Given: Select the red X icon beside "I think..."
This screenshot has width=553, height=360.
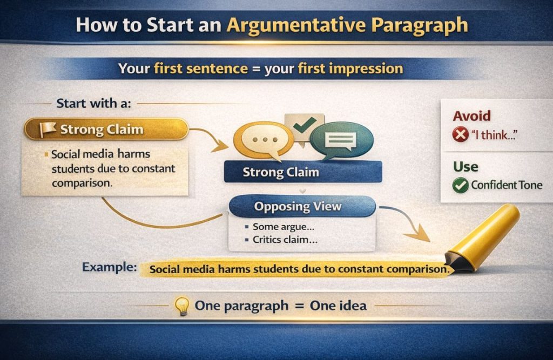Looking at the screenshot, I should pyautogui.click(x=460, y=135).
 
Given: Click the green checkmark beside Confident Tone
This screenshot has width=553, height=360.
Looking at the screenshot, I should pyautogui.click(x=460, y=186).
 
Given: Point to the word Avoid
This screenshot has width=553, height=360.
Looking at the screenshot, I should pyautogui.click(x=471, y=116).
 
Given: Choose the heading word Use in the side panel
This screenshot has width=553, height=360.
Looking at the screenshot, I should pyautogui.click(x=466, y=166).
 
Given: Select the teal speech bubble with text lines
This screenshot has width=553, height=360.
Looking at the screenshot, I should pyautogui.click(x=340, y=141).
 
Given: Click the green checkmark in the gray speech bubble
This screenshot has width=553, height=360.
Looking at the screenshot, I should pyautogui.click(x=304, y=125).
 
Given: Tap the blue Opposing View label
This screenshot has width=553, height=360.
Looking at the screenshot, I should pyautogui.click(x=298, y=206).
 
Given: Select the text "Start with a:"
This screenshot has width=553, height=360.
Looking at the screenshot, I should pyautogui.click(x=93, y=104).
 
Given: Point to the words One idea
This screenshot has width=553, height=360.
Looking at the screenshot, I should pyautogui.click(x=338, y=306).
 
